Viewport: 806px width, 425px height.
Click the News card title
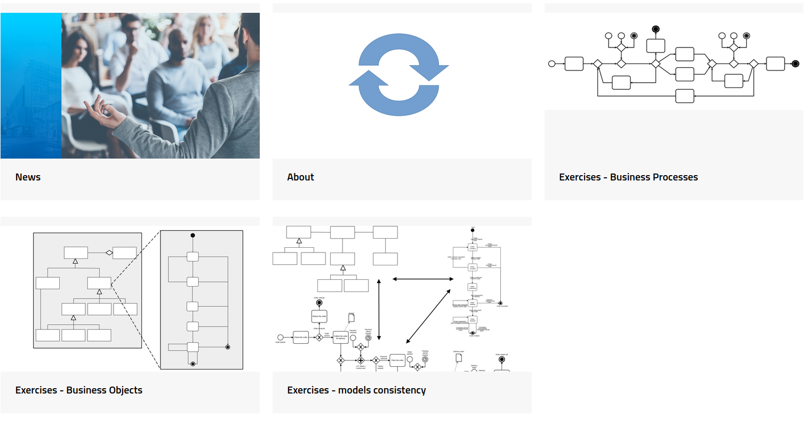point(28,177)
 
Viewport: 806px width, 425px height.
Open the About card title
point(300,177)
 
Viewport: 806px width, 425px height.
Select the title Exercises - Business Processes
point(628,177)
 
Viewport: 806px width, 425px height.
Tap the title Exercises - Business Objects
point(79,390)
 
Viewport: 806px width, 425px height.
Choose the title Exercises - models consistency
point(356,390)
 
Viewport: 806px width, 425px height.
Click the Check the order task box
point(301,337)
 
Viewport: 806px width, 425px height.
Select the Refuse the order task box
point(319,316)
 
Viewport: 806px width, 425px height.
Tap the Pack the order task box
point(397,360)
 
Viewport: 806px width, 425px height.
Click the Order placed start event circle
point(280,337)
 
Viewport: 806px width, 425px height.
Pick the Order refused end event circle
point(319,303)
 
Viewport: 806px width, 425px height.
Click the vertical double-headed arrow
point(379,309)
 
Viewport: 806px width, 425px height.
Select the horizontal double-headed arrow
point(423,279)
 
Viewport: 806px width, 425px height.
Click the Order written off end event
point(501,360)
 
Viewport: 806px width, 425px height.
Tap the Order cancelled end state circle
point(500,303)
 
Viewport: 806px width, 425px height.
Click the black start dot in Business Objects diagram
point(193,235)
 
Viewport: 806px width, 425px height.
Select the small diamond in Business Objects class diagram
point(108,253)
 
